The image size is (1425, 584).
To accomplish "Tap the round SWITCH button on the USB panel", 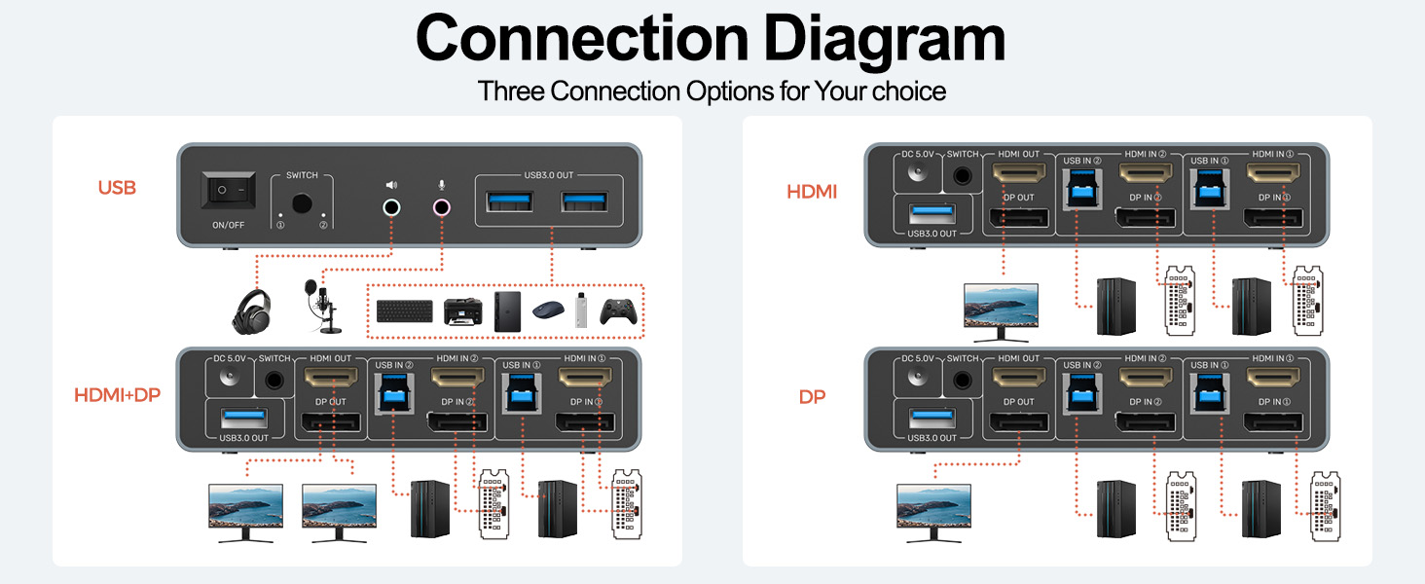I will pos(302,204).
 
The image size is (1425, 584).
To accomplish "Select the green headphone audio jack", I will pos(391,206).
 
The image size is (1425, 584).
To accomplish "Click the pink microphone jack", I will pos(442,206).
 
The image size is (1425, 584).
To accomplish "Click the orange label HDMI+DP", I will pos(116,394).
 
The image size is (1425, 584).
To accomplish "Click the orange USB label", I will pos(117,187).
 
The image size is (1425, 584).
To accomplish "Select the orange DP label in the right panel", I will pos(812,397).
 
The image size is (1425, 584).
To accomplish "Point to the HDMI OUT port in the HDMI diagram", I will pos(1019,174).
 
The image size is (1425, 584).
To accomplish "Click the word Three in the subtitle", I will pos(511,91).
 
